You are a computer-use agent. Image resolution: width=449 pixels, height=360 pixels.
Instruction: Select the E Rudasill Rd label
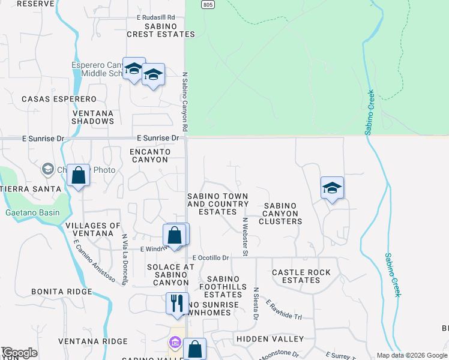tap(155, 17)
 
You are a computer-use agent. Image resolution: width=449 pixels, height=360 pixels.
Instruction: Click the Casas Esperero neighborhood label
tap(59, 98)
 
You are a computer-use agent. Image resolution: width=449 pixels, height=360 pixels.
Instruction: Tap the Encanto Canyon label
tap(149, 155)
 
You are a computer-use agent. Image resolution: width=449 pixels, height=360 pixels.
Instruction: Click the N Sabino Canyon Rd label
tap(185, 103)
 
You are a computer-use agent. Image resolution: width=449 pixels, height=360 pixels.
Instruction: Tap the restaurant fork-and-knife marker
tap(177, 302)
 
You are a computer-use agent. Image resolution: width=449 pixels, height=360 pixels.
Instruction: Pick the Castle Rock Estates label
tap(301, 276)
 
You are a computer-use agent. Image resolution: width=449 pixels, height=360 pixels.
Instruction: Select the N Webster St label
tap(245, 236)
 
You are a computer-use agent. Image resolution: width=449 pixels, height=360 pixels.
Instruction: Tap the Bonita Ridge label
tap(62, 292)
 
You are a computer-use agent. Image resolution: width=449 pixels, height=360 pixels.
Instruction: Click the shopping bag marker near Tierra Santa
tap(78, 175)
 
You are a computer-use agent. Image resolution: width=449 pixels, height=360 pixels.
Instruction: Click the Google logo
tap(19, 353)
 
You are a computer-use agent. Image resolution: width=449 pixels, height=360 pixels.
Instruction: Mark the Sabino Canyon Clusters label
tap(280, 213)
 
